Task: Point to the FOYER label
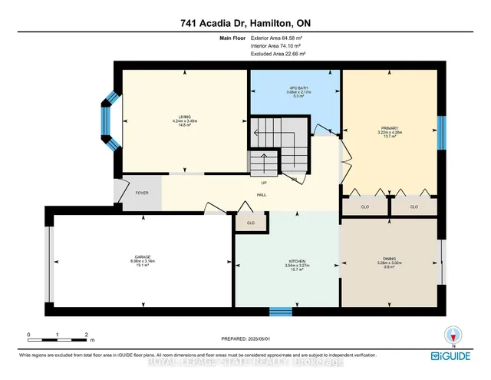tap(143, 193)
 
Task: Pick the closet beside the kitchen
tap(250, 223)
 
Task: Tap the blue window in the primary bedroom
tap(440, 133)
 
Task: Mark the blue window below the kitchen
tap(281, 312)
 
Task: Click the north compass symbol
tap(453, 335)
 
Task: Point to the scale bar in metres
tap(58, 335)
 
